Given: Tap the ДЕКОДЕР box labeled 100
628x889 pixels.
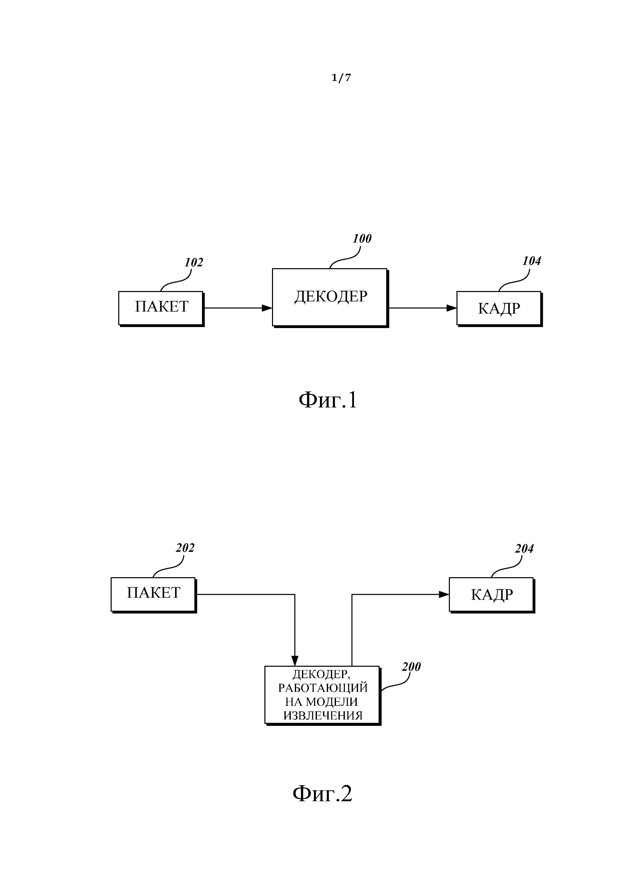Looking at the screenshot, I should point(330,297).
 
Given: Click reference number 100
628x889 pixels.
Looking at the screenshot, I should point(362,239).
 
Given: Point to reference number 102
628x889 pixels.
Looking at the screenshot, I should point(194,263).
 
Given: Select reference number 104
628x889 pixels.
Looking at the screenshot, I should point(532,261).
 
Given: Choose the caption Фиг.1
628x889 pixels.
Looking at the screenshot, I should point(328,400).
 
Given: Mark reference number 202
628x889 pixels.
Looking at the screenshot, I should point(185,548).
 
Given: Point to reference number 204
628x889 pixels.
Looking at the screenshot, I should point(524,549).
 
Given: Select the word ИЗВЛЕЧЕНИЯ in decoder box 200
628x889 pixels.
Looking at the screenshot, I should point(323,715).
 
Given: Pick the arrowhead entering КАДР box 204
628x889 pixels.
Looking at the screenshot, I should point(444,594).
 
